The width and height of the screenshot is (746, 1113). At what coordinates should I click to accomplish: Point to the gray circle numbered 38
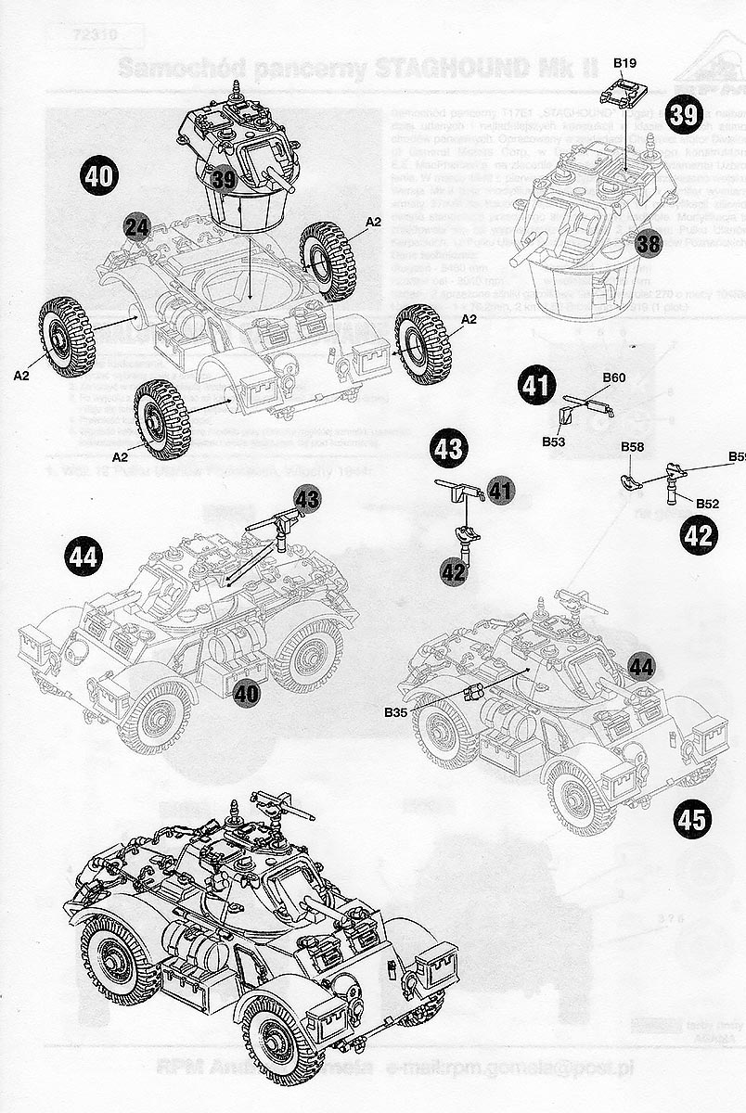[650, 244]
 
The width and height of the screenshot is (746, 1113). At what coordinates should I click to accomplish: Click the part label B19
[624, 63]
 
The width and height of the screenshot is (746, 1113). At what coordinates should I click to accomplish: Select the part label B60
[613, 377]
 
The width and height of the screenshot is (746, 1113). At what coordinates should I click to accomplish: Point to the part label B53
[554, 442]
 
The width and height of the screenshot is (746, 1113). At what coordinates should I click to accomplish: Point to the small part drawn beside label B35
[474, 691]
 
